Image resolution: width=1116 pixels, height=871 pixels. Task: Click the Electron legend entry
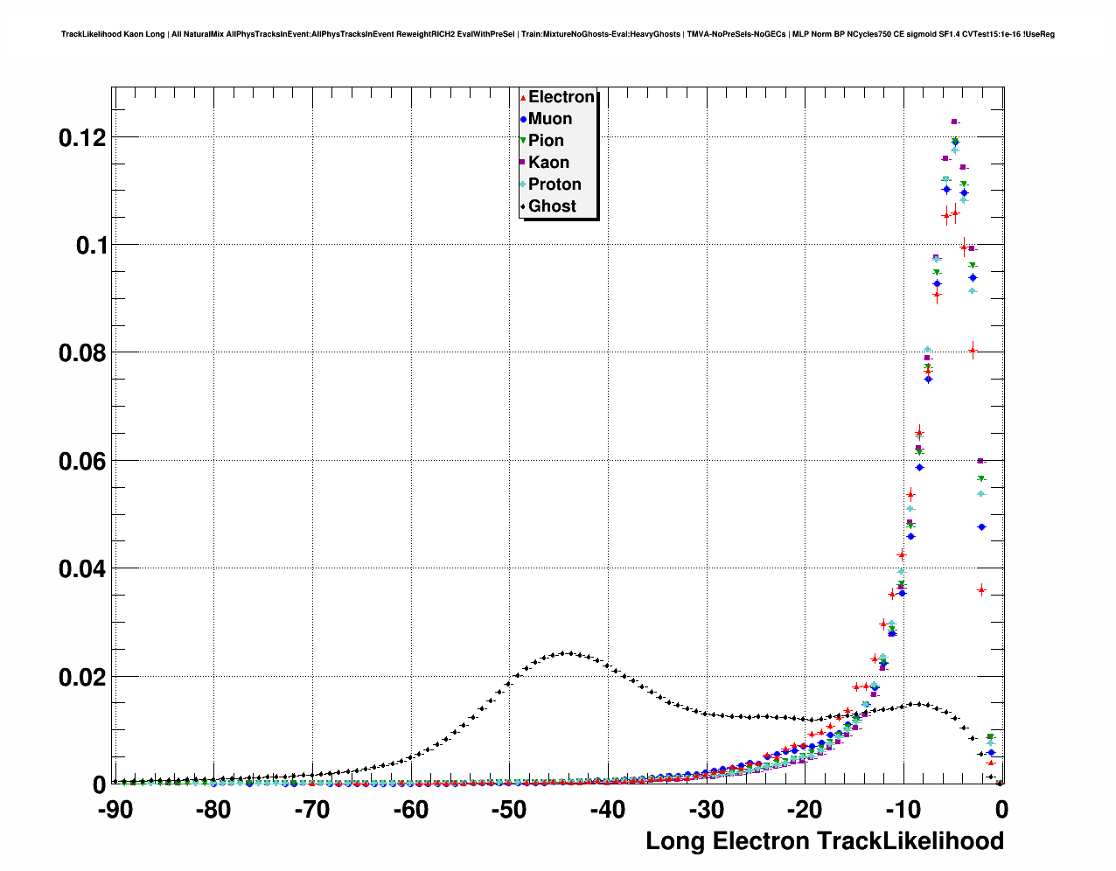click(x=561, y=97)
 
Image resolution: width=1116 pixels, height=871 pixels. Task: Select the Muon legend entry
click(x=550, y=119)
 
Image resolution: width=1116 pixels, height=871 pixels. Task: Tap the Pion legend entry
click(x=546, y=141)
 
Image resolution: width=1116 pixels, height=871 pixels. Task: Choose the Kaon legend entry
click(x=548, y=163)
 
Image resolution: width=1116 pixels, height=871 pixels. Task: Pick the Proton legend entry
click(x=555, y=185)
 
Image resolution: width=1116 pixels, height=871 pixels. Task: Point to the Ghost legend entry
click(x=552, y=206)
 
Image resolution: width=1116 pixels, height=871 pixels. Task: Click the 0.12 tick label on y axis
click(x=82, y=137)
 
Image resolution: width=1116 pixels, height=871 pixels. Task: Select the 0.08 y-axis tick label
click(x=82, y=353)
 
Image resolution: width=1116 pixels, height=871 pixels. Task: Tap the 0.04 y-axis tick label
click(x=82, y=569)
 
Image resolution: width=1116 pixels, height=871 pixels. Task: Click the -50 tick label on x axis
click(x=509, y=811)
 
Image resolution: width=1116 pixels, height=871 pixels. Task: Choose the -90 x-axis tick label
click(x=115, y=811)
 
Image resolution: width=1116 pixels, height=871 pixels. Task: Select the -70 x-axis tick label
click(x=312, y=811)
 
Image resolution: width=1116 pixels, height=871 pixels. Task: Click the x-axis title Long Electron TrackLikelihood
click(x=824, y=841)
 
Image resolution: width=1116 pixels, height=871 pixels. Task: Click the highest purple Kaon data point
click(x=954, y=122)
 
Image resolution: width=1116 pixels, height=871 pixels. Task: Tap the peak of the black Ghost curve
click(x=568, y=652)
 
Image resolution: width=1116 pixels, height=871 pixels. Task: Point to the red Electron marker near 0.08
click(x=973, y=351)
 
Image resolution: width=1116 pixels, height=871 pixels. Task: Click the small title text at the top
click(x=557, y=34)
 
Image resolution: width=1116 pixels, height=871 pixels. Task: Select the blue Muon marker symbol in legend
click(x=523, y=119)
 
